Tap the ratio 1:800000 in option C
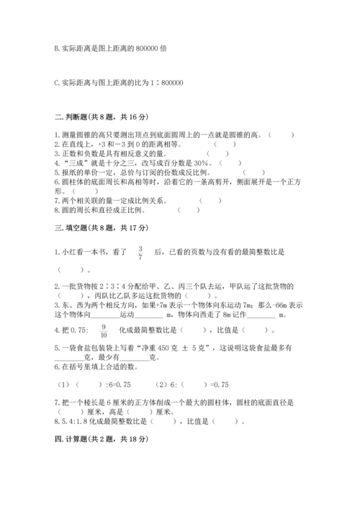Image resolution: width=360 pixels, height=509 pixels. pyautogui.click(x=167, y=82)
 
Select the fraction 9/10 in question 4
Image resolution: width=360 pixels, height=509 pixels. pyautogui.click(x=104, y=331)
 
